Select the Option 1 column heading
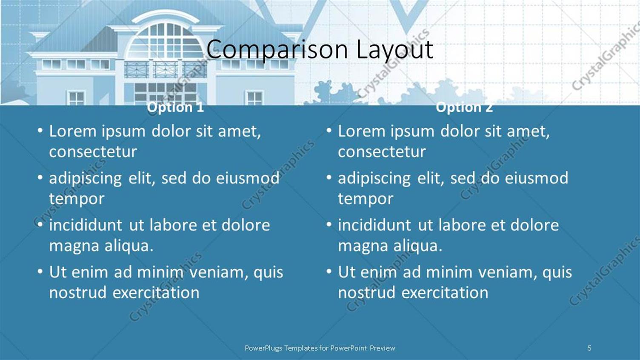175,107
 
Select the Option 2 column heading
464,107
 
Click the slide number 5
589,348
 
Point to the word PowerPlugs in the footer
263,348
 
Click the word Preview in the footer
382,348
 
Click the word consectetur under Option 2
382,152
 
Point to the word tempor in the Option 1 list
77,199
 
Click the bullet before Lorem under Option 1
40,130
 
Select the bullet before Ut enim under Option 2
329,271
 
